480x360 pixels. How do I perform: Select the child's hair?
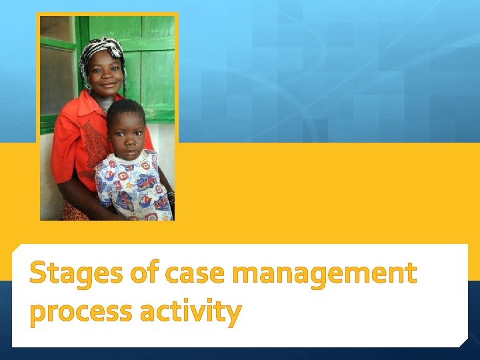(125, 109)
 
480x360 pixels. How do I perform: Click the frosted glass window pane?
(57, 80)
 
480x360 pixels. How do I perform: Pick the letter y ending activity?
(232, 313)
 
